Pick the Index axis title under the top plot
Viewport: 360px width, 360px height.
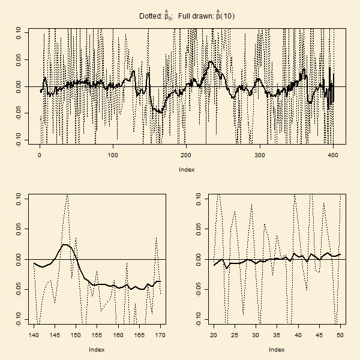[186, 170]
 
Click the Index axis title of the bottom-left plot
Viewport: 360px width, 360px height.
[97, 349]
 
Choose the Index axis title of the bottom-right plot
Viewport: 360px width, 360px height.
[277, 349]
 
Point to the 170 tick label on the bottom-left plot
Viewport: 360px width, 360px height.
[160, 335]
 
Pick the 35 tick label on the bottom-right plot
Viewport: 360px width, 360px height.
[277, 335]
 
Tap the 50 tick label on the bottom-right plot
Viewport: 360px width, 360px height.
[340, 335]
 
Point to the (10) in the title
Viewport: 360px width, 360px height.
[227, 16]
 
